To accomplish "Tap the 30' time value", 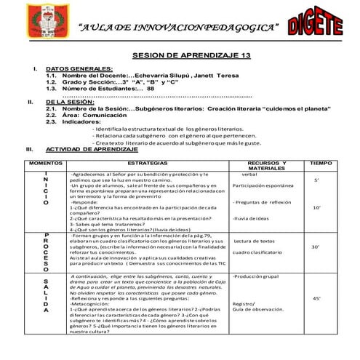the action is pyautogui.click(x=316, y=247).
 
